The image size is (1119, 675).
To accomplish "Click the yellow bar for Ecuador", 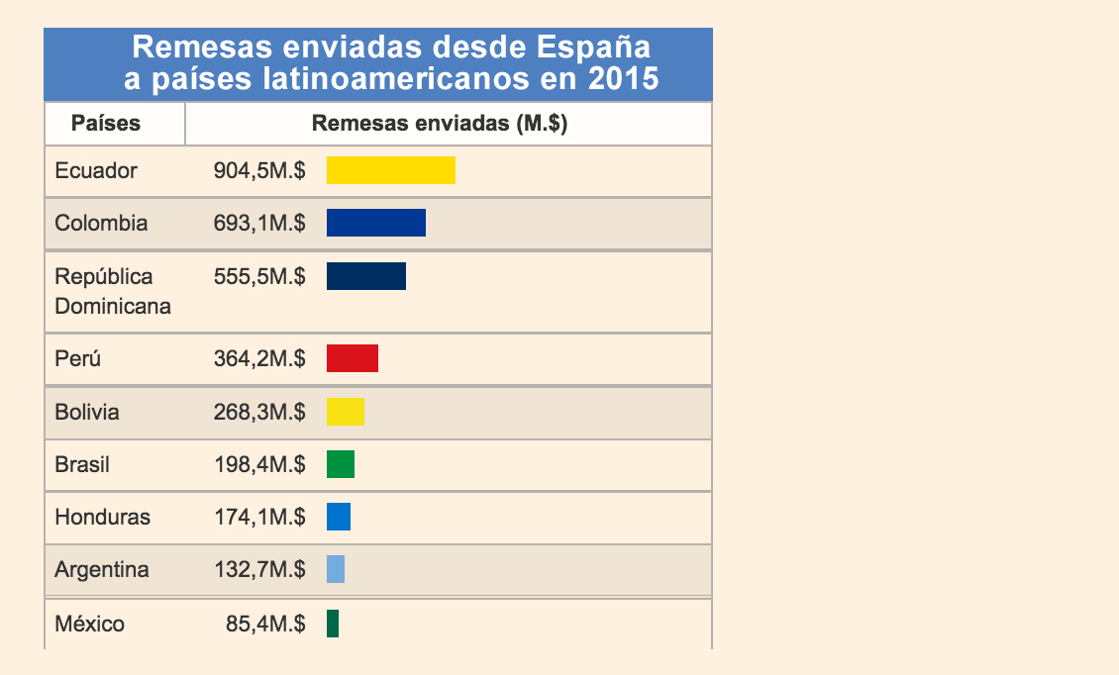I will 391,170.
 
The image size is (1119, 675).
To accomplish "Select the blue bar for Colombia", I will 376,223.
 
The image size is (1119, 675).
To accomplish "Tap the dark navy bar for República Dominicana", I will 366,276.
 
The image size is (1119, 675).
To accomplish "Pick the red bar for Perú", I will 353,358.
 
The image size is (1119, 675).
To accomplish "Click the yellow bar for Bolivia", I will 346,412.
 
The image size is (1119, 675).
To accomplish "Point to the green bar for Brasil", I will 341,464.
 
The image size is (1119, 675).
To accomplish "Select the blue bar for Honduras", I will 339,517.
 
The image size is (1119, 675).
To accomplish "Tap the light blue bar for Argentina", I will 336,569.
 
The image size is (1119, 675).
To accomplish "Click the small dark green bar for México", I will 333,624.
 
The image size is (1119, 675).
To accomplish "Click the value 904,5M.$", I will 259,170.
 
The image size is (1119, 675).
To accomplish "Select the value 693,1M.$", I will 259,223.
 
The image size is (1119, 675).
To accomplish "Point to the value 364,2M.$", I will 259,358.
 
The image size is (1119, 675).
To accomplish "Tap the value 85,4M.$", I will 265,625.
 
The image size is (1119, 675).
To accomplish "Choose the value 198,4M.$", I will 259,464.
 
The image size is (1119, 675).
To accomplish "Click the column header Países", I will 106,124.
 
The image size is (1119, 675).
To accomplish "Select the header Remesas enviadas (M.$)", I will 440,124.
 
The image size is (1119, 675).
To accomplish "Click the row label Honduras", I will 103,517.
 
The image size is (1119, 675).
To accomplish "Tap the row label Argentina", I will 102,570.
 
